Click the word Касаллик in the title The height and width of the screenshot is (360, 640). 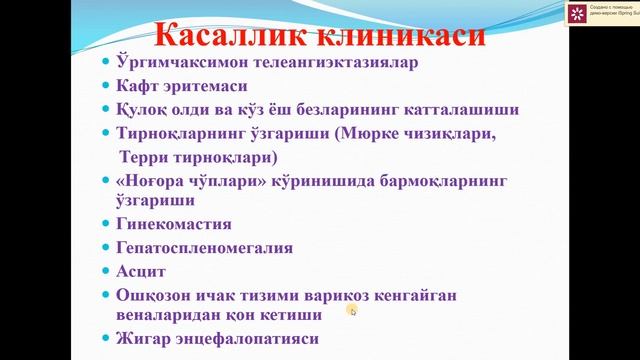(x=222, y=36)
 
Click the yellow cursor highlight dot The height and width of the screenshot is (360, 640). (x=352, y=311)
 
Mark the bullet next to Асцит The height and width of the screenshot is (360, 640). (x=108, y=272)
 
